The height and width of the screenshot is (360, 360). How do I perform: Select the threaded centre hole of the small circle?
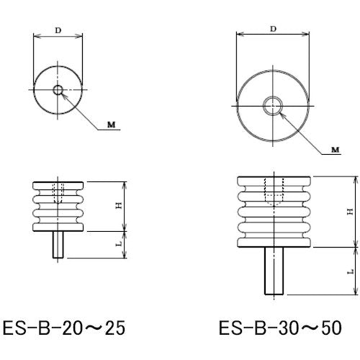tap(58, 90)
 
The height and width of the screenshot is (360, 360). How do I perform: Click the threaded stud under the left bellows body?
tap(58, 245)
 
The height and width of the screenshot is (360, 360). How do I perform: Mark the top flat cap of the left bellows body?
tap(58, 182)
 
